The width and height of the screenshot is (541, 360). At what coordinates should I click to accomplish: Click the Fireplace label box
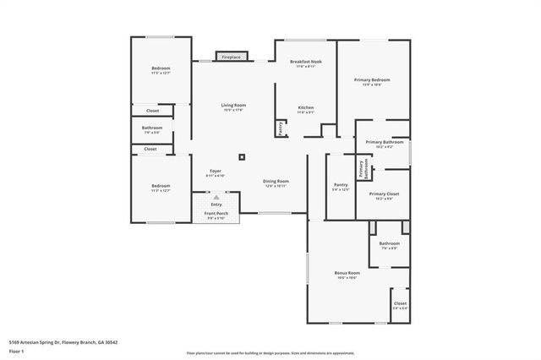(x=231, y=57)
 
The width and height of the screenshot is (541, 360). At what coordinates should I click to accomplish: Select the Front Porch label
(x=216, y=215)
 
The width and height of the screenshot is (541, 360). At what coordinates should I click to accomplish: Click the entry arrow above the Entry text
(x=216, y=197)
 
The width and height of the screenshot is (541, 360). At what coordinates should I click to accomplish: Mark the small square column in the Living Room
(x=242, y=156)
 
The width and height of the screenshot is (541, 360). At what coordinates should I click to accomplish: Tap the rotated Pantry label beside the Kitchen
(x=281, y=128)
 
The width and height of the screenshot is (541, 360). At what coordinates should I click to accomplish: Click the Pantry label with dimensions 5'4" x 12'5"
(x=341, y=187)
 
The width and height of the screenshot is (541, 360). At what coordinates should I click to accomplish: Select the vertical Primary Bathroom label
(x=362, y=168)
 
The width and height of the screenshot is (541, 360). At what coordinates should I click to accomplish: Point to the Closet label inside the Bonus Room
(x=400, y=305)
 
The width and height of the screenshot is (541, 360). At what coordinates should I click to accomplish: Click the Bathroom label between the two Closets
(x=151, y=129)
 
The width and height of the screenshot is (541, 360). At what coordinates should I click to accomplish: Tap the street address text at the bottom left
(x=63, y=341)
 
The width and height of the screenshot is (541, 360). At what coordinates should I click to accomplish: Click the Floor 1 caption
(x=16, y=351)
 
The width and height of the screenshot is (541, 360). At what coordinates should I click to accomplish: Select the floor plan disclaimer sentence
(x=270, y=352)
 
